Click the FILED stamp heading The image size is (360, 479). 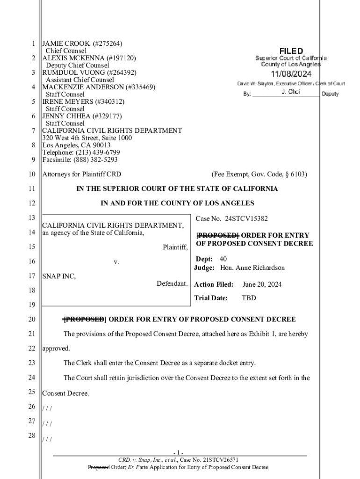(291, 51)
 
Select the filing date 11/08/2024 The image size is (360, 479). (291, 74)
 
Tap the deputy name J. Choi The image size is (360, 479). (291, 92)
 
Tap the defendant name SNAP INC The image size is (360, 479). (59, 276)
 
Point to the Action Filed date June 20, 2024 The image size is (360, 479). (262, 284)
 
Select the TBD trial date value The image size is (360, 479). (248, 298)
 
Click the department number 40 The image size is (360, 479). (223, 259)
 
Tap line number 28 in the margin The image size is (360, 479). (31, 436)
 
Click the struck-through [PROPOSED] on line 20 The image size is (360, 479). (84, 319)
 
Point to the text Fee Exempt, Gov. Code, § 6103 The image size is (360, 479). (259, 174)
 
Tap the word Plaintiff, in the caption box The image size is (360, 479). (175, 247)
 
